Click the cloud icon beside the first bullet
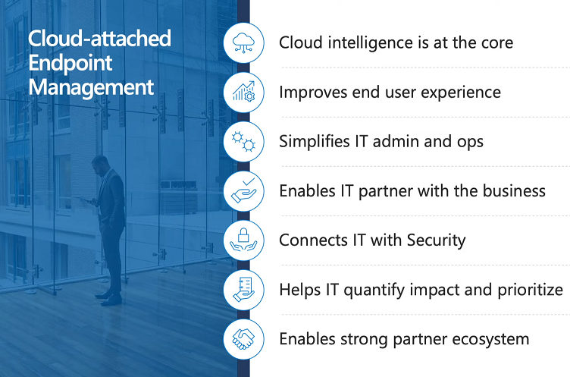click(x=243, y=42)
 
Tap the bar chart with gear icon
click(x=243, y=92)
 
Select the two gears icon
click(x=243, y=141)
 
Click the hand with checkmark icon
click(x=243, y=190)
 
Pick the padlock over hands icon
click(x=243, y=240)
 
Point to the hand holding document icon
click(x=243, y=289)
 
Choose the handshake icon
click(x=243, y=339)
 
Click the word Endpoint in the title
click(x=70, y=63)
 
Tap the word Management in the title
click(x=91, y=87)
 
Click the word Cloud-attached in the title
click(x=99, y=39)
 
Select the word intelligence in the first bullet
click(x=371, y=43)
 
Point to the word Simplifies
click(x=314, y=141)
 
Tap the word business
click(x=514, y=190)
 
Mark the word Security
click(x=436, y=240)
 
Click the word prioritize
click(x=530, y=290)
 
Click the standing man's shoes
click(x=108, y=297)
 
